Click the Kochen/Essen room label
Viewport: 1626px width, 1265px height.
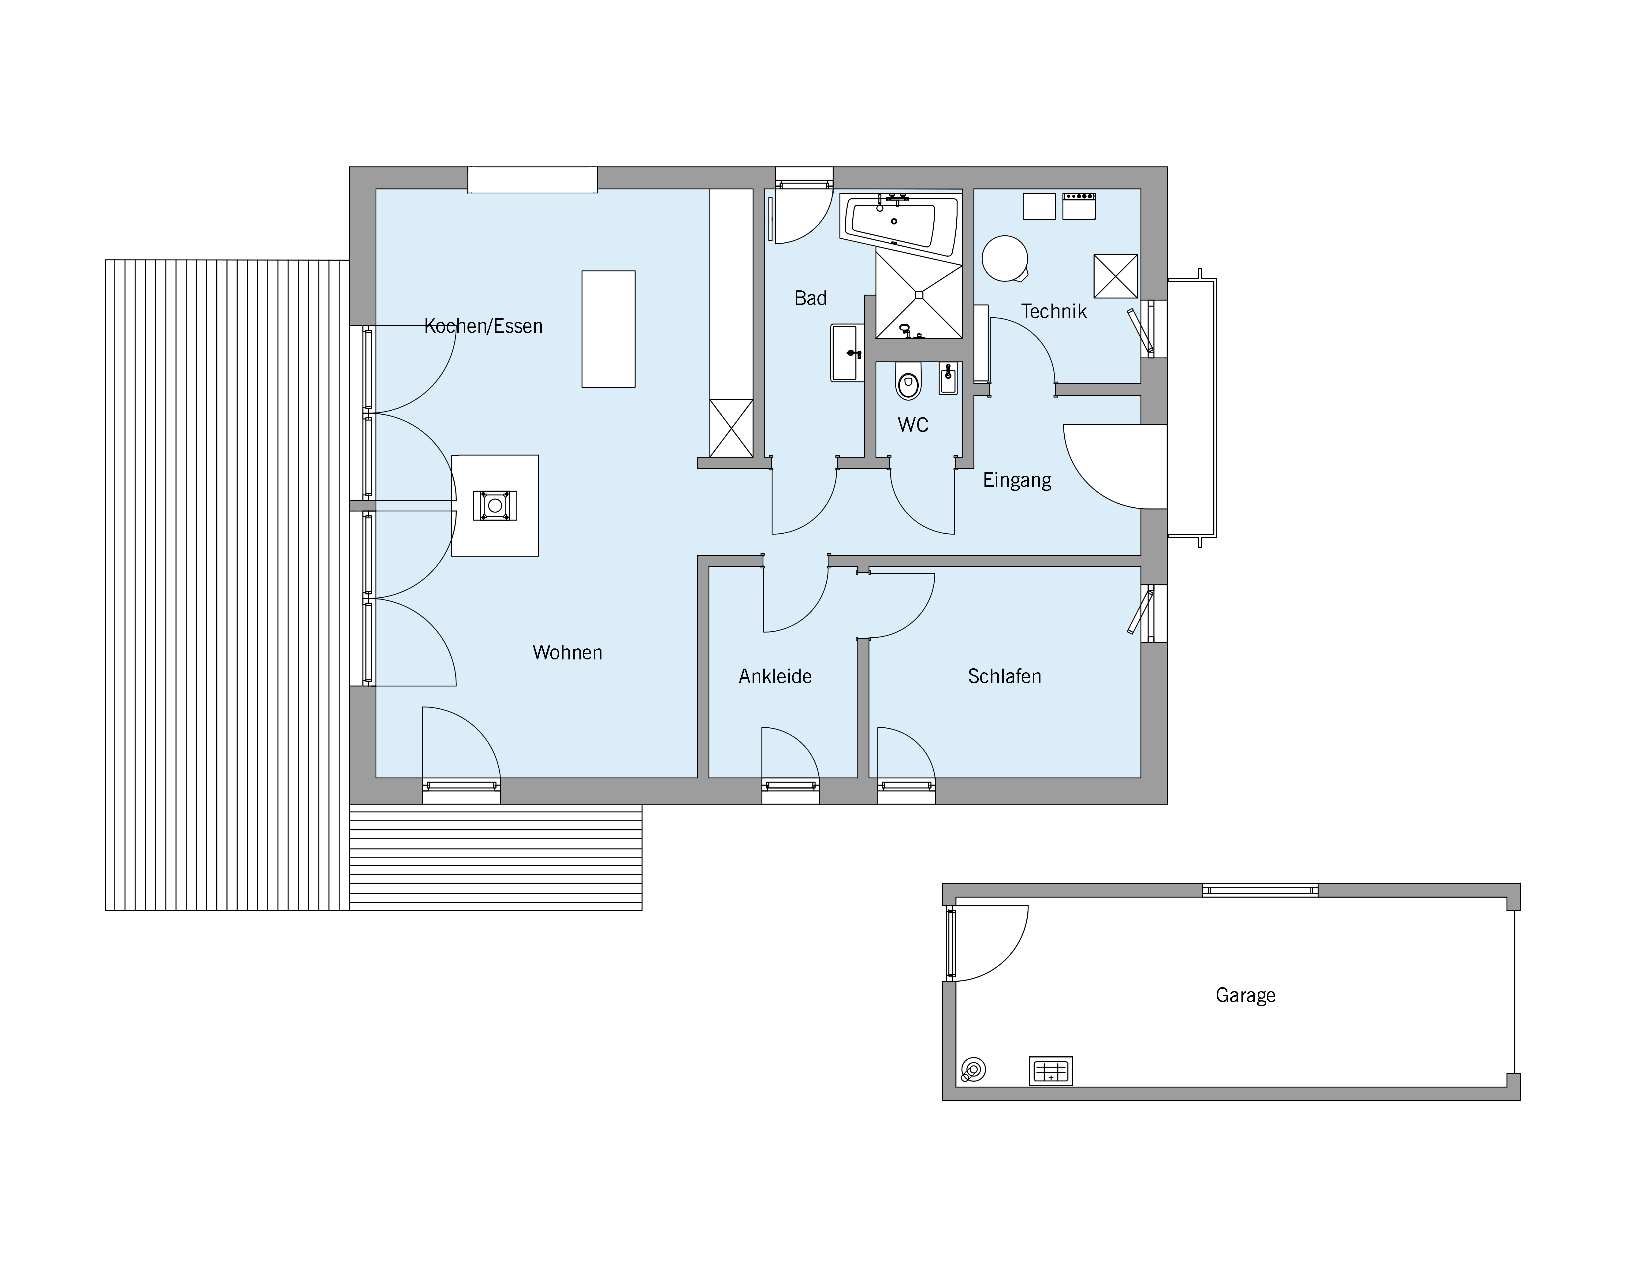[x=483, y=326]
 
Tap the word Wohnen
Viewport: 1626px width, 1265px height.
[x=567, y=653]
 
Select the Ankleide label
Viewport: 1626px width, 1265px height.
[x=775, y=677]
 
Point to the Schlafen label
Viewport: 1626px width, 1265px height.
[x=1004, y=677]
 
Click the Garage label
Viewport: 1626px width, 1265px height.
[x=1245, y=995]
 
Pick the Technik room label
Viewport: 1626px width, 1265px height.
[x=1054, y=311]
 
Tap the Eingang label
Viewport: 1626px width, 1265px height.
[x=1017, y=480]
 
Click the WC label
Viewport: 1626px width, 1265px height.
[x=913, y=425]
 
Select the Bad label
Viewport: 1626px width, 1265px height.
[x=811, y=299]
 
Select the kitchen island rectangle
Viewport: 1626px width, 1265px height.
[x=608, y=329]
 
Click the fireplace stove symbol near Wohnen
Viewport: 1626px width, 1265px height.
[x=494, y=506]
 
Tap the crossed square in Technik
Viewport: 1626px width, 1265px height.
[x=1115, y=276]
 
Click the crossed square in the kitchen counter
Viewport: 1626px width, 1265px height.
[x=731, y=428]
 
